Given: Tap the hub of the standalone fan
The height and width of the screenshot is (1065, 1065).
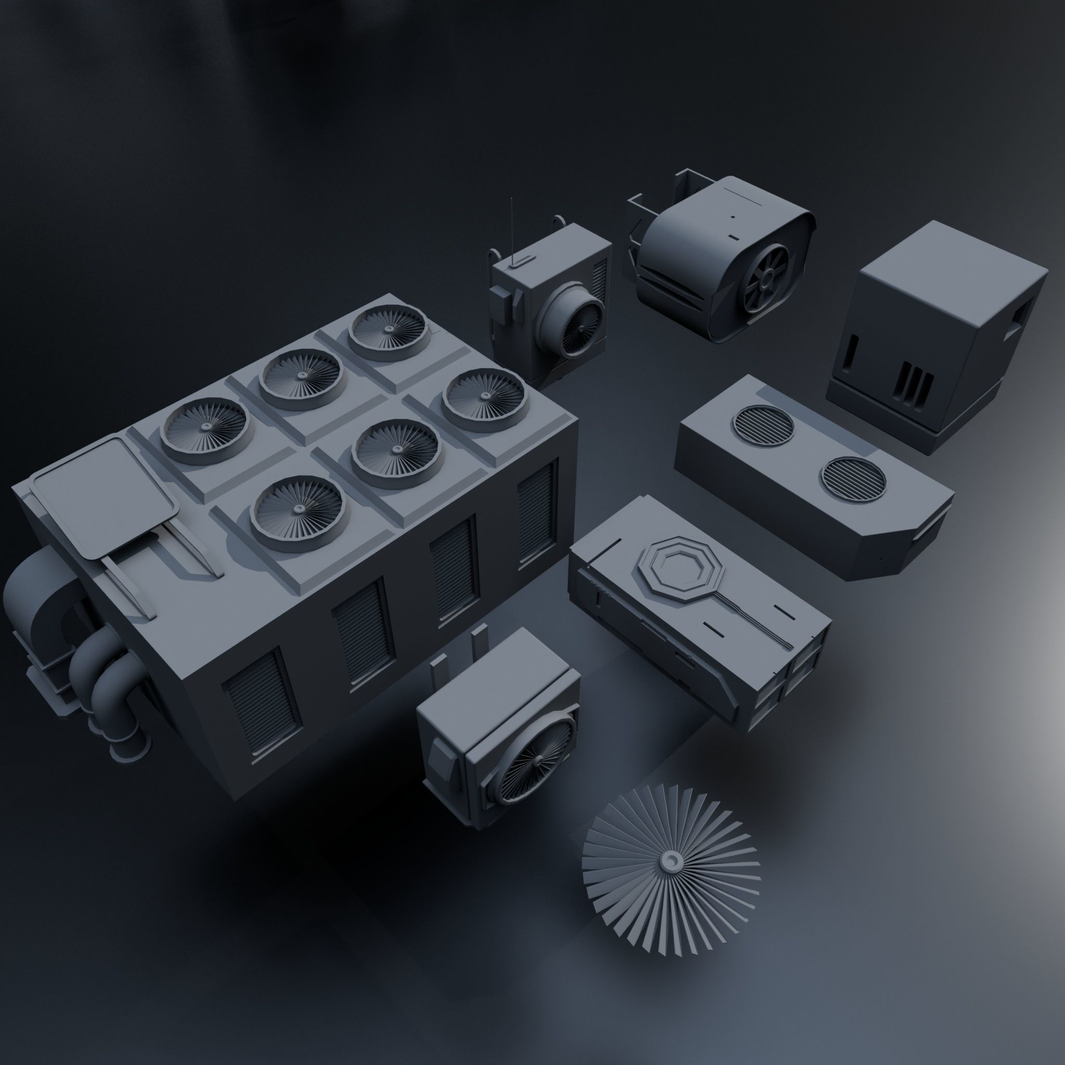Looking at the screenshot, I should click(671, 860).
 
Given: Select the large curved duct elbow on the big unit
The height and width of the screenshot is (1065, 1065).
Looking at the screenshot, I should click(38, 601).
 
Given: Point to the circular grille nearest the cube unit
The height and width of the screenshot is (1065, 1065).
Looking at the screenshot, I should click(763, 425).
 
